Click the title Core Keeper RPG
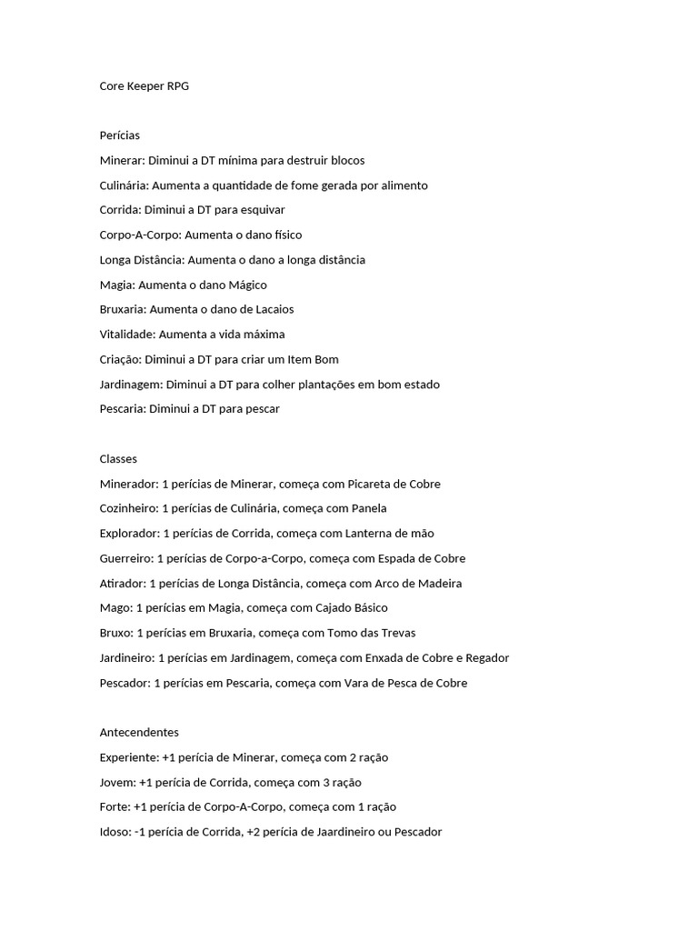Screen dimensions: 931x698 [145, 86]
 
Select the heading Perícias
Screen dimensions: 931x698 [120, 135]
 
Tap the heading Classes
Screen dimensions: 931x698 [118, 459]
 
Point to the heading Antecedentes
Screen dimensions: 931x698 [139, 732]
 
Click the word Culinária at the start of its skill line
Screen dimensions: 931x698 [124, 185]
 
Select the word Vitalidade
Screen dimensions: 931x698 [127, 335]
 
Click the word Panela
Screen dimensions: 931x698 [369, 508]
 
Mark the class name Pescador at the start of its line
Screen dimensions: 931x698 [125, 683]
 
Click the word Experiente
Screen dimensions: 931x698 [128, 757]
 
